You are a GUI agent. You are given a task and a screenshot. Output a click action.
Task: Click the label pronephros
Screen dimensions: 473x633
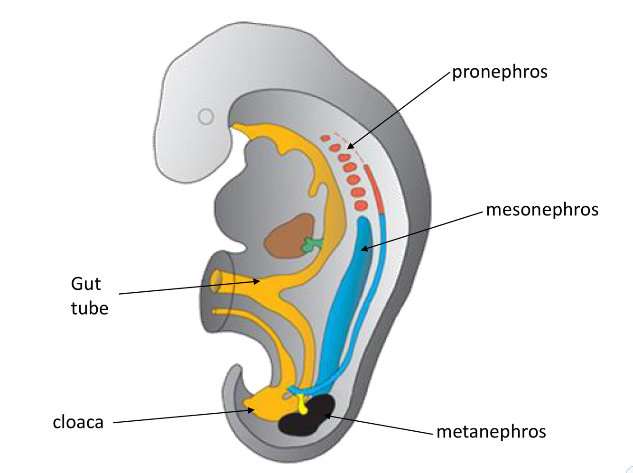tap(499, 72)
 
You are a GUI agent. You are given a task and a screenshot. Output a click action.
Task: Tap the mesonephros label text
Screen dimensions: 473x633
tap(542, 210)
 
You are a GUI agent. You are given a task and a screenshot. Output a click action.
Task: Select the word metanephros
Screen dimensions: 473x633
tap(491, 432)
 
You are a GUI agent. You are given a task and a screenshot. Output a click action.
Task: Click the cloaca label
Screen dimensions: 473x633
tap(78, 422)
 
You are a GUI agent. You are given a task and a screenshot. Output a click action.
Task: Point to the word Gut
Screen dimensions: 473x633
tap(85, 284)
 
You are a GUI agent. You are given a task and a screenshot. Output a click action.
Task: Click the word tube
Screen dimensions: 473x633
tap(89, 308)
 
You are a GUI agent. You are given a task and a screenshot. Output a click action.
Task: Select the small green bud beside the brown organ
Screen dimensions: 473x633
tap(312, 245)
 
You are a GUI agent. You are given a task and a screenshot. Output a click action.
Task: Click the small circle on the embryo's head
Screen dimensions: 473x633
tap(205, 116)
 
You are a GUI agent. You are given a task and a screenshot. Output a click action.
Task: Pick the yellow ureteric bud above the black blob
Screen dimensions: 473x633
tap(302, 406)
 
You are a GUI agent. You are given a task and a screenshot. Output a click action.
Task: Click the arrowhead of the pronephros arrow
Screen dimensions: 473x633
tap(350, 147)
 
